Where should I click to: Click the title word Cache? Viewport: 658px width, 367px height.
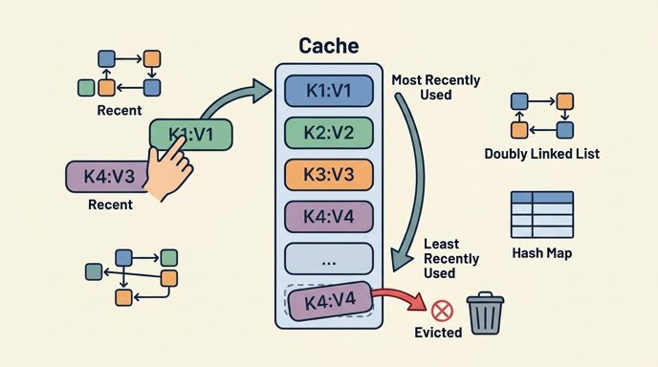click(x=329, y=46)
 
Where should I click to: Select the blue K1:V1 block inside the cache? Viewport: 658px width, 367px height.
click(x=329, y=91)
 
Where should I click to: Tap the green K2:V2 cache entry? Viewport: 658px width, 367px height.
click(x=329, y=133)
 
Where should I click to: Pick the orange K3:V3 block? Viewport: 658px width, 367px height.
click(x=329, y=175)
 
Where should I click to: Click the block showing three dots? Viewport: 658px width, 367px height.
click(x=329, y=259)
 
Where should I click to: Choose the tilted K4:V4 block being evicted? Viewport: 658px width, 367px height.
click(x=329, y=301)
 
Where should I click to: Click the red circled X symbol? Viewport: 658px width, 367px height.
click(x=442, y=312)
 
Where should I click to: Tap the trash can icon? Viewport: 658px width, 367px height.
click(x=485, y=313)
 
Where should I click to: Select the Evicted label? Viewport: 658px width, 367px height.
click(x=438, y=333)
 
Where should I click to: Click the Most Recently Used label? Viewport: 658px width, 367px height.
click(x=436, y=87)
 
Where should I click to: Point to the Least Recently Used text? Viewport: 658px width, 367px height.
click(x=451, y=258)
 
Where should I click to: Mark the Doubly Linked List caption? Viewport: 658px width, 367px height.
click(x=541, y=154)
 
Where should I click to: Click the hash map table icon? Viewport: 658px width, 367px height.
click(x=542, y=215)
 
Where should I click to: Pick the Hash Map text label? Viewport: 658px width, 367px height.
click(x=541, y=253)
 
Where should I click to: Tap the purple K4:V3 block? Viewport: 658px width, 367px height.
click(x=107, y=177)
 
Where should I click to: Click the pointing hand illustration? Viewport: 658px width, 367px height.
click(x=168, y=169)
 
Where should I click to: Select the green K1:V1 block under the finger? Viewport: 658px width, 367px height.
click(x=191, y=134)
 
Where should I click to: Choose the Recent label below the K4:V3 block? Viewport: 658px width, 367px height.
click(x=110, y=205)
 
